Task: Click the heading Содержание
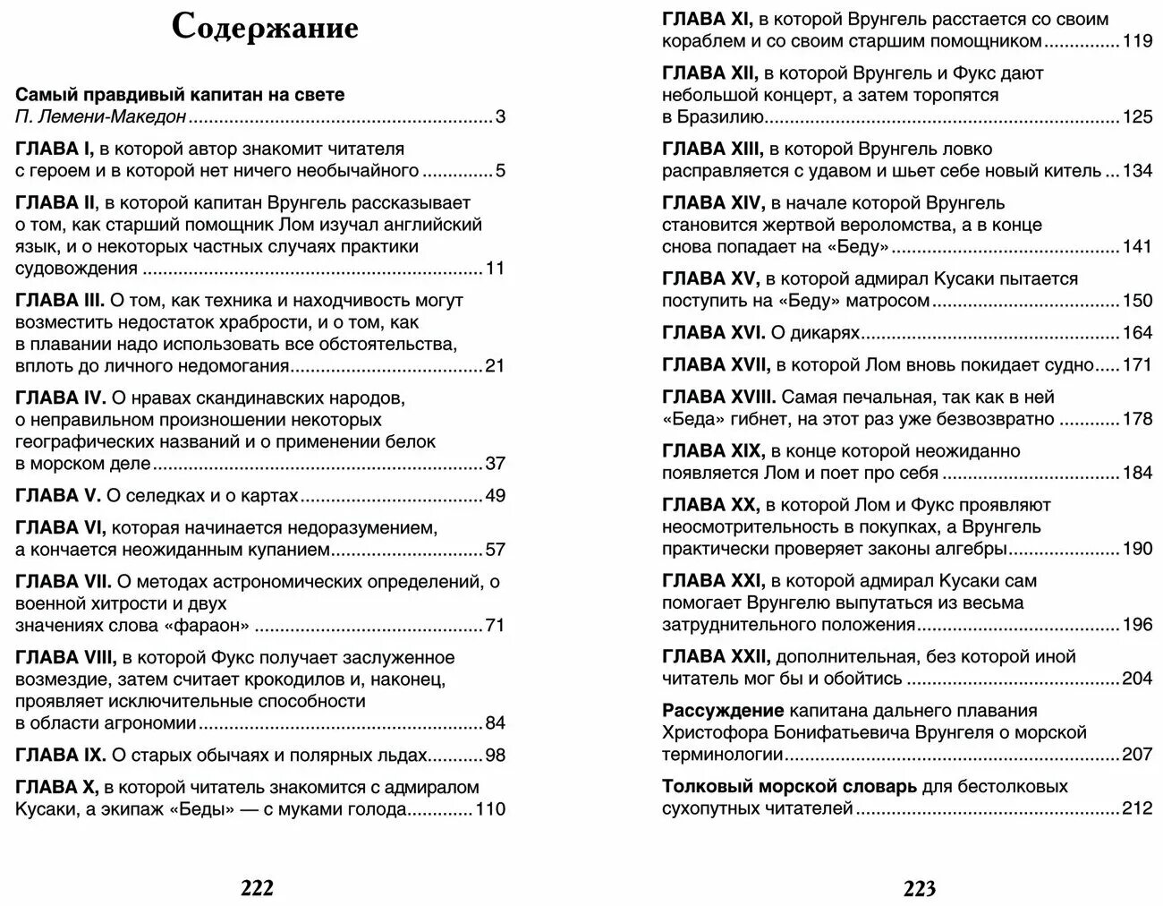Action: click(265, 28)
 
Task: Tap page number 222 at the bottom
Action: click(257, 888)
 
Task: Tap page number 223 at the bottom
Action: click(919, 888)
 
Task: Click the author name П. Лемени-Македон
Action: click(101, 116)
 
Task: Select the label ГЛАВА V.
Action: click(59, 495)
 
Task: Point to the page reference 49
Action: click(495, 496)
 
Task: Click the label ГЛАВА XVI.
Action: click(713, 333)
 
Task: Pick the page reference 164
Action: click(1137, 333)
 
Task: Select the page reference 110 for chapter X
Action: click(490, 809)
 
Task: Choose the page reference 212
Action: click(1137, 808)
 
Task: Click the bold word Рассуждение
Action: click(723, 711)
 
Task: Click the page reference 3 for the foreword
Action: click(500, 116)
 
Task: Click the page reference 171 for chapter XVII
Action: click(1137, 364)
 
